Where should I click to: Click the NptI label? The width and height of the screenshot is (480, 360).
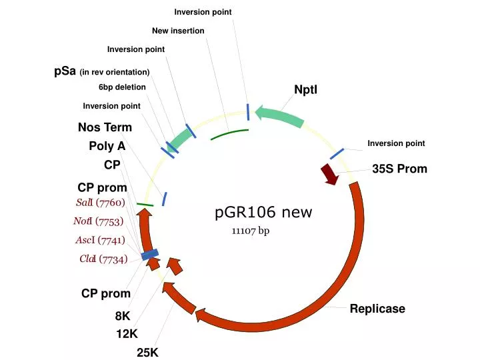(x=306, y=90)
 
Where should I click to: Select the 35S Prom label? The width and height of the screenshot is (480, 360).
(x=399, y=169)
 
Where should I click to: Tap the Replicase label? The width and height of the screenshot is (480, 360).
(x=377, y=309)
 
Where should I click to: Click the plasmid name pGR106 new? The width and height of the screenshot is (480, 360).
(x=263, y=213)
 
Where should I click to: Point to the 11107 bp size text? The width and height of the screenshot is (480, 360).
(x=250, y=231)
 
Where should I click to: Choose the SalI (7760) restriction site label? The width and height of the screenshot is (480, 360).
(x=101, y=202)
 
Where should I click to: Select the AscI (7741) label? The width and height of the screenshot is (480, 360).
(x=100, y=240)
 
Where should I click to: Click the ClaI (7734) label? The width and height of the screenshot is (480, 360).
(x=100, y=259)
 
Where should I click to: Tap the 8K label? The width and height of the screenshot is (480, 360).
(x=123, y=316)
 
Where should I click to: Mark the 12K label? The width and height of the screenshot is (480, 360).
(x=127, y=334)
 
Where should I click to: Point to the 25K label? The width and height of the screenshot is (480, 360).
(x=147, y=353)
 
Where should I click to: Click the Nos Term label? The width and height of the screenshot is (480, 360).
(x=105, y=127)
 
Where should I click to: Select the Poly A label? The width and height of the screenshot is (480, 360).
(x=107, y=147)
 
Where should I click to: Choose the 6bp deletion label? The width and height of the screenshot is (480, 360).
(x=122, y=87)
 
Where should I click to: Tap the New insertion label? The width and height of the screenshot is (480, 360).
(x=178, y=31)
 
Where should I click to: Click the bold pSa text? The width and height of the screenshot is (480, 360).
(x=65, y=71)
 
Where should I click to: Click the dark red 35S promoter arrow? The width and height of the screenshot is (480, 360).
(x=329, y=174)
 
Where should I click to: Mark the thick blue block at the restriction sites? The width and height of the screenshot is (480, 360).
(x=149, y=253)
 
